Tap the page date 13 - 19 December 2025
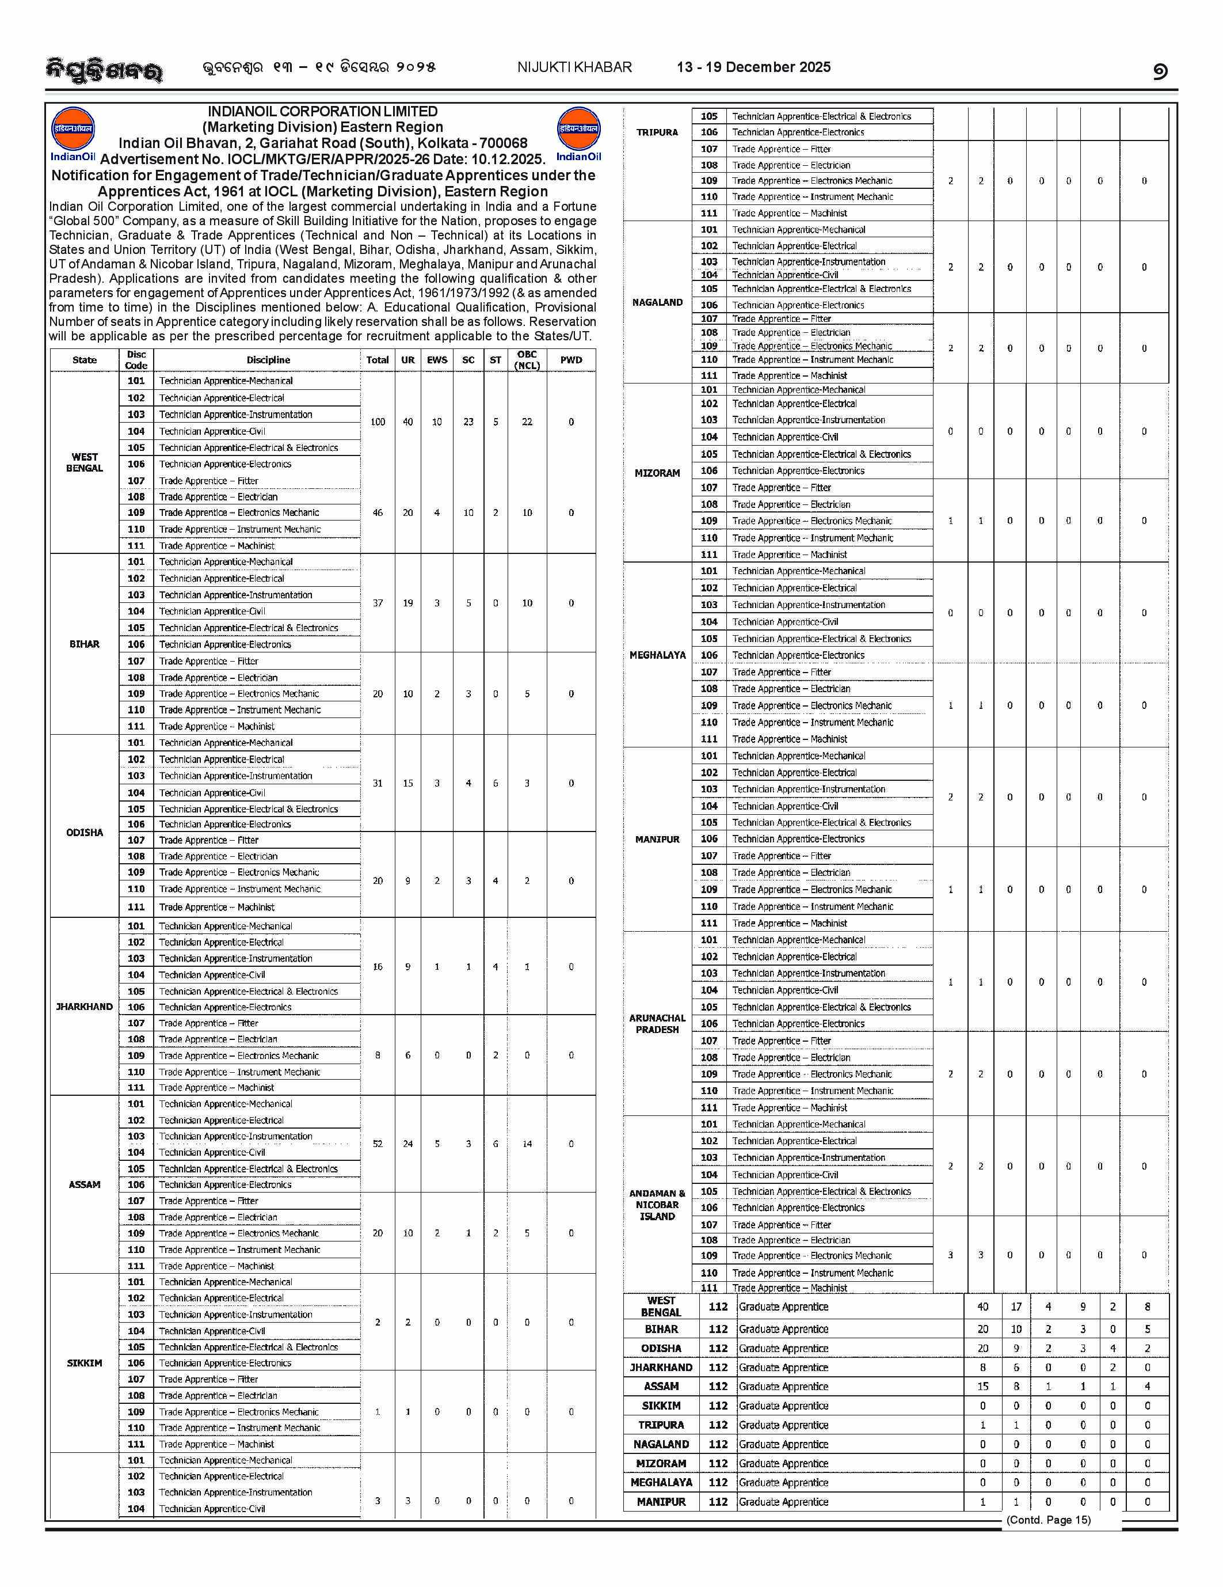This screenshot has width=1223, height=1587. click(753, 67)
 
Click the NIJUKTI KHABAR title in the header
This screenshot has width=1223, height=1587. click(574, 67)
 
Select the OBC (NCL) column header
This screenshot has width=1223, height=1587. click(527, 360)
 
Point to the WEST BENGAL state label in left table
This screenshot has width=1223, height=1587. click(84, 462)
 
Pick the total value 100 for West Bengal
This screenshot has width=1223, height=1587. click(378, 422)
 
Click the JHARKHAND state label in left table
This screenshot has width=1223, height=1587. click(84, 1007)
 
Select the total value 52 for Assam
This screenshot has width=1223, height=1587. click(378, 1144)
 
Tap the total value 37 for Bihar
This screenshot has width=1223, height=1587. click(378, 603)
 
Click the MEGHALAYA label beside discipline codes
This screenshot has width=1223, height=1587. click(657, 655)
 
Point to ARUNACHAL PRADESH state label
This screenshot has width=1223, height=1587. click(657, 1023)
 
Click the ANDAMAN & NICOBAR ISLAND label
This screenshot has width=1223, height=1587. click(657, 1204)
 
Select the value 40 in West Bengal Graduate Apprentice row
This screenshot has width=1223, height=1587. click(982, 1307)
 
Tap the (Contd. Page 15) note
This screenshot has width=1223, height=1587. click(1048, 1520)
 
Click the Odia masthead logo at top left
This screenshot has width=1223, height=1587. click(104, 70)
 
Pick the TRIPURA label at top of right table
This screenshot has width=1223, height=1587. click(657, 132)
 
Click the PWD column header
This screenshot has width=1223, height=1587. click(571, 360)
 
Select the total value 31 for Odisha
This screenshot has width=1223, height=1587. click(378, 783)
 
